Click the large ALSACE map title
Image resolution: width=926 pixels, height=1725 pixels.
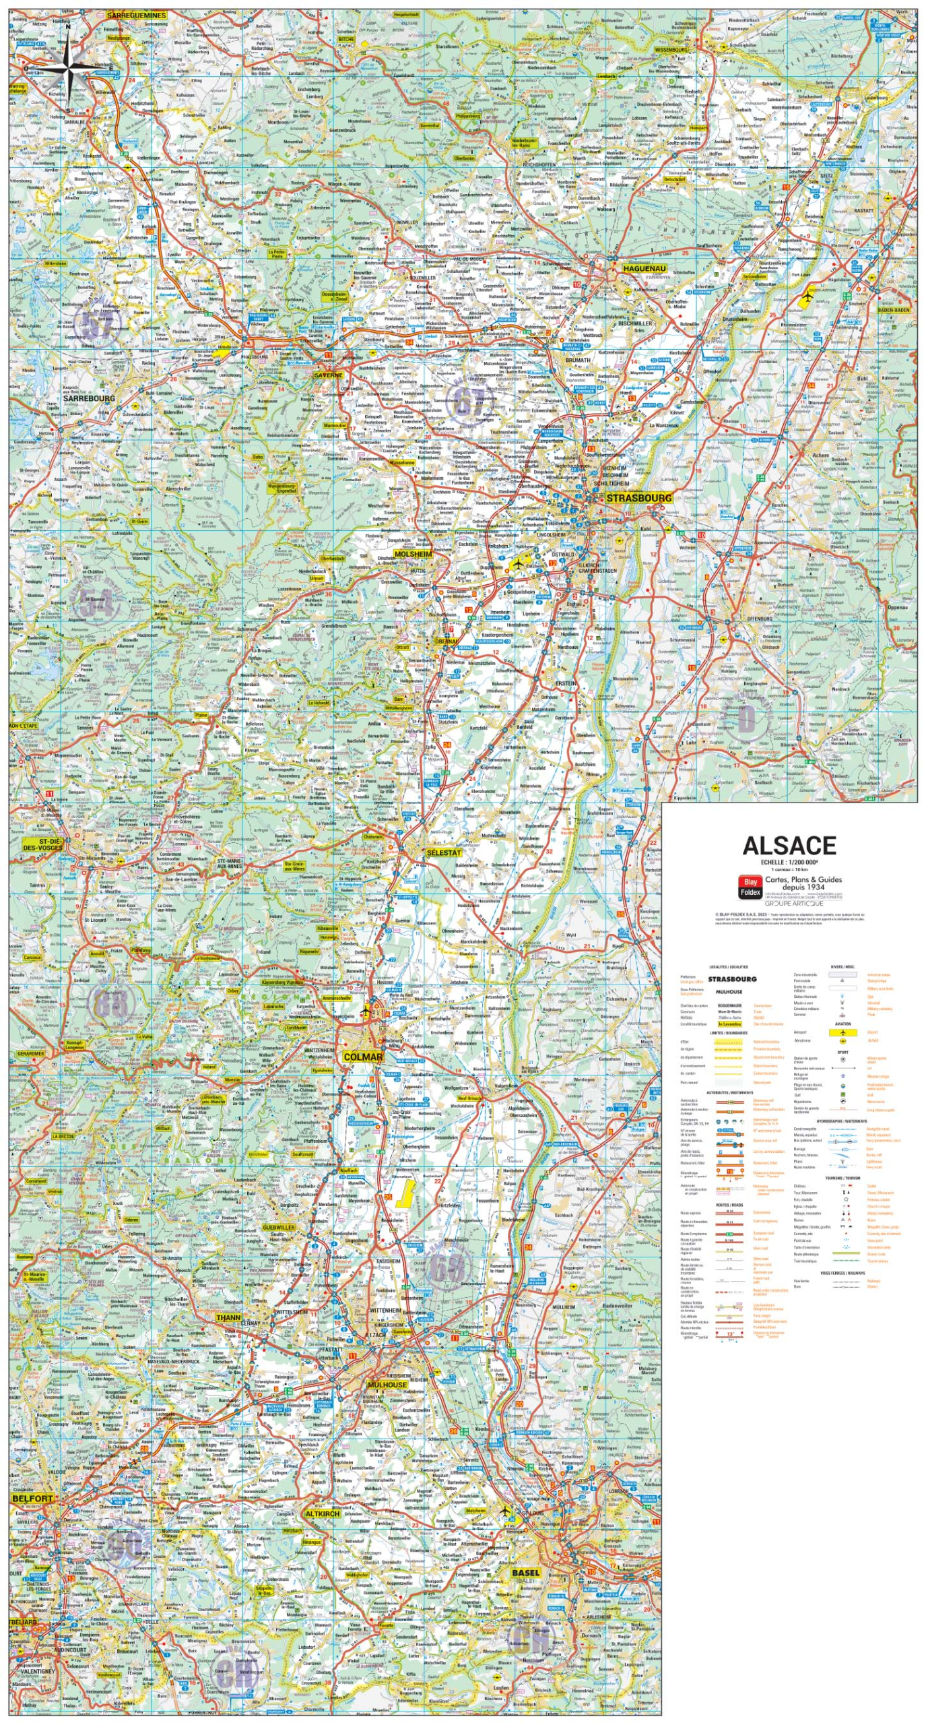789,846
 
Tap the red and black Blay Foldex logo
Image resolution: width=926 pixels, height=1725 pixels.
750,886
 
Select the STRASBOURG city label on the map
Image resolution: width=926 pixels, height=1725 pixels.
638,498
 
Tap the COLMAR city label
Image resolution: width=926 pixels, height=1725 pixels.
362,1057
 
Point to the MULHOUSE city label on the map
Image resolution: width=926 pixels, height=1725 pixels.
387,1385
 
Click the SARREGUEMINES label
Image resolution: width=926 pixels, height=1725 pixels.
136,15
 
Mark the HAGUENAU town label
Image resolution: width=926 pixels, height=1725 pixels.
644,269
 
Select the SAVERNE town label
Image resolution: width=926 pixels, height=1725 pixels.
328,375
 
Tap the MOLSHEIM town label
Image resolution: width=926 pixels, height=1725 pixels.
413,554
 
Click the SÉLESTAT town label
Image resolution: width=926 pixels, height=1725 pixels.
444,852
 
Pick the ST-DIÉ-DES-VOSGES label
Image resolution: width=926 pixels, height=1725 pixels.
42,844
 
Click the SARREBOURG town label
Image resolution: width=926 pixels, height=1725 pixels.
89,398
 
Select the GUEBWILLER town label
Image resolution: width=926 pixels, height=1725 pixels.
278,1228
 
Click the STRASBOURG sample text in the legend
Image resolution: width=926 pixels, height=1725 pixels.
731,978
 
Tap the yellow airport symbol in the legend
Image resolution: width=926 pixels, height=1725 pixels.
842,1032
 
